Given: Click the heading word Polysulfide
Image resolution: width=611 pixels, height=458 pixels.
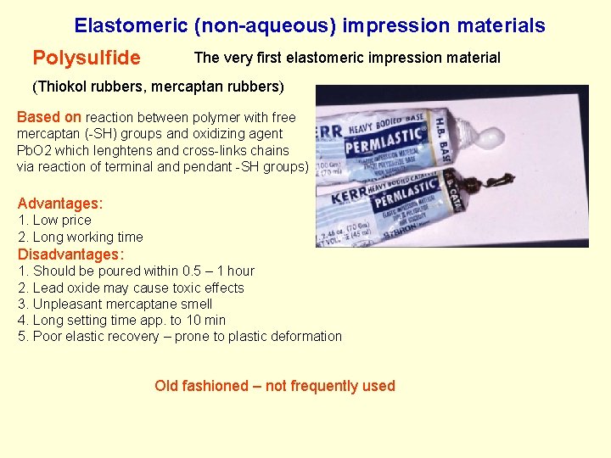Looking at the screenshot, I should click(x=87, y=59).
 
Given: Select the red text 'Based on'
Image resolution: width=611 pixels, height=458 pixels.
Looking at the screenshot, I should click(x=49, y=117).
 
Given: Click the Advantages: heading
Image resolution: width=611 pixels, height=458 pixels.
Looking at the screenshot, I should click(x=60, y=204).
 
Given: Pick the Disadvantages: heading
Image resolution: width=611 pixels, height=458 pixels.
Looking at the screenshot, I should click(x=71, y=254).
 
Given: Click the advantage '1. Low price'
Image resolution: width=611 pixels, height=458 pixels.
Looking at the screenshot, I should click(x=54, y=221).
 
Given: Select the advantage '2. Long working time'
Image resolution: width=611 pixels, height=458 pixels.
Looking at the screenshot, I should click(x=81, y=237).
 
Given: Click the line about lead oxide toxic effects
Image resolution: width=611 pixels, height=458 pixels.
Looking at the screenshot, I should click(x=131, y=288).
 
